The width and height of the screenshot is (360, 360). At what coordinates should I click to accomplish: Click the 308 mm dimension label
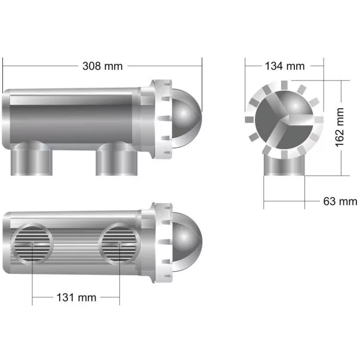tap(103, 66)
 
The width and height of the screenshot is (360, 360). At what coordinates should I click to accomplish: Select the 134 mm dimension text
tap(285, 66)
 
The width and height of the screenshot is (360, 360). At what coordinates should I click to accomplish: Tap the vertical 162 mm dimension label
tap(340, 128)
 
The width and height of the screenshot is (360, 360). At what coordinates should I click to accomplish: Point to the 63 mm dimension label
tap(340, 201)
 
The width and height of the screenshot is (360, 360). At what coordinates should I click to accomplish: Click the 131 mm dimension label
tap(76, 297)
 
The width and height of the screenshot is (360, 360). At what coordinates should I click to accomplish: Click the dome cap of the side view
tap(186, 113)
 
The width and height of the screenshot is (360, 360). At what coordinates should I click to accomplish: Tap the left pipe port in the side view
tap(32, 158)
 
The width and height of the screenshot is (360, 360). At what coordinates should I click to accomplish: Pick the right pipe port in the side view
tap(116, 158)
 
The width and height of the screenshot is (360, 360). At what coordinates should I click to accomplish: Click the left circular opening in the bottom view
tap(32, 244)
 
